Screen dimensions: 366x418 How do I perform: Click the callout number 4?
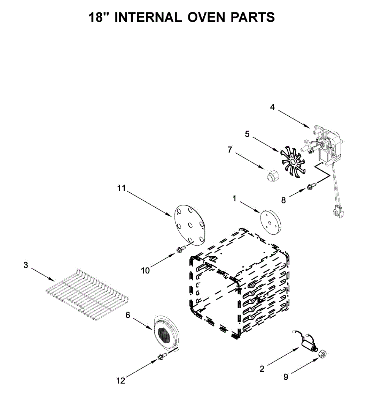pos(272,107)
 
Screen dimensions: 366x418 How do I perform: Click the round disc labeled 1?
pos(271,221)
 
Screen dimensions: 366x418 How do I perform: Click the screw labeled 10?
pos(180,249)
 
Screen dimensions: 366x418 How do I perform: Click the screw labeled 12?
pos(161,357)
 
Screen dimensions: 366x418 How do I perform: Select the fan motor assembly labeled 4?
pos(326,145)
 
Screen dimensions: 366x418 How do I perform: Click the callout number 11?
pos(121,188)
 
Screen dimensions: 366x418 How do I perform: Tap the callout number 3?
pos(25,265)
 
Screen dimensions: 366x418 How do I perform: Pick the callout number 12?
pos(120,381)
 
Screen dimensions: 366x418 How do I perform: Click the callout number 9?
pos(286,377)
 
